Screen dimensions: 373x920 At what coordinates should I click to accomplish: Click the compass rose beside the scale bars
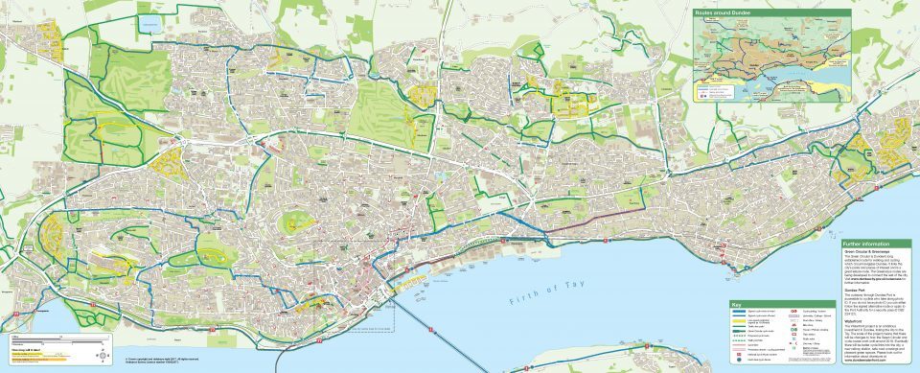tap(103, 354)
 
